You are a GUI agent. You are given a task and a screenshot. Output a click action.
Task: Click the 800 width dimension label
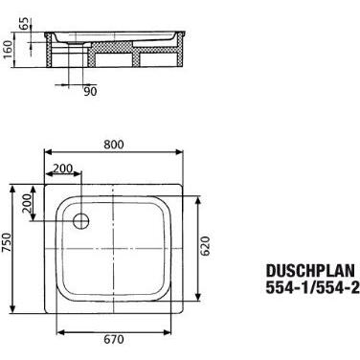[114, 145]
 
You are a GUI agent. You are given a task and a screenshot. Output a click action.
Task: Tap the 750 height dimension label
[7, 242]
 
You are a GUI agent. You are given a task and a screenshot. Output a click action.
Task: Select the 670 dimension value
[114, 339]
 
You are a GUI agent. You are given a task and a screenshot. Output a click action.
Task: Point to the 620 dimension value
[206, 246]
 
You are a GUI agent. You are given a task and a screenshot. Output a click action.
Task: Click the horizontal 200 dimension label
[63, 168]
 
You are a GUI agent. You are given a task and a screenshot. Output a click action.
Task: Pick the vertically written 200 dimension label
[27, 203]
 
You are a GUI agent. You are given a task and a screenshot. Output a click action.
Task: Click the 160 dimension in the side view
[8, 50]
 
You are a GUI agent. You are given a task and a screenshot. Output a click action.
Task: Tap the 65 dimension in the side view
[25, 23]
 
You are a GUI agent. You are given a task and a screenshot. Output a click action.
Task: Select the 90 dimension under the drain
[90, 92]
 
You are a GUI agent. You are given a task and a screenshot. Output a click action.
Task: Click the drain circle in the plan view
[80, 220]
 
